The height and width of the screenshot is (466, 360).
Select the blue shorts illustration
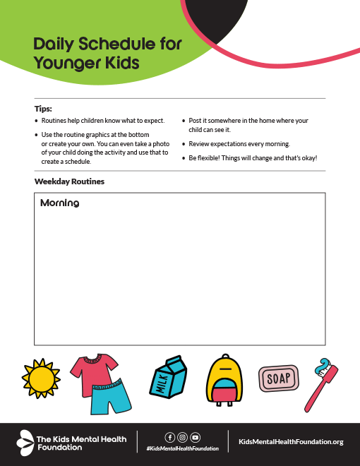pos(111,397)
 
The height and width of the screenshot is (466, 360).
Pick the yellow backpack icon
pos(224,382)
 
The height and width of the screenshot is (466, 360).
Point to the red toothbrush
pos(320,386)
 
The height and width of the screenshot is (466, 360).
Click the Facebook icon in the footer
pos(169,437)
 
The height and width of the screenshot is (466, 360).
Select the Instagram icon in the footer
pos(182,437)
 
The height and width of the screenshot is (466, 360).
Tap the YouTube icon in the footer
pos(195,437)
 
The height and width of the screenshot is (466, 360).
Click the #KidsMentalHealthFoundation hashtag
pos(182,448)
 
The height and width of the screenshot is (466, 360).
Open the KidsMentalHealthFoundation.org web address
pos(291,441)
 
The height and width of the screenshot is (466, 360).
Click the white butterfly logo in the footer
pos(25,441)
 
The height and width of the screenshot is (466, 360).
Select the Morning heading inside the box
pos(59,203)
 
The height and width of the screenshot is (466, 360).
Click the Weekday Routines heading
pos(69,181)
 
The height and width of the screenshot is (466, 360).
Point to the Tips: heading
pos(43,109)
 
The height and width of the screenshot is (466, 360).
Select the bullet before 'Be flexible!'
pos(184,158)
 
